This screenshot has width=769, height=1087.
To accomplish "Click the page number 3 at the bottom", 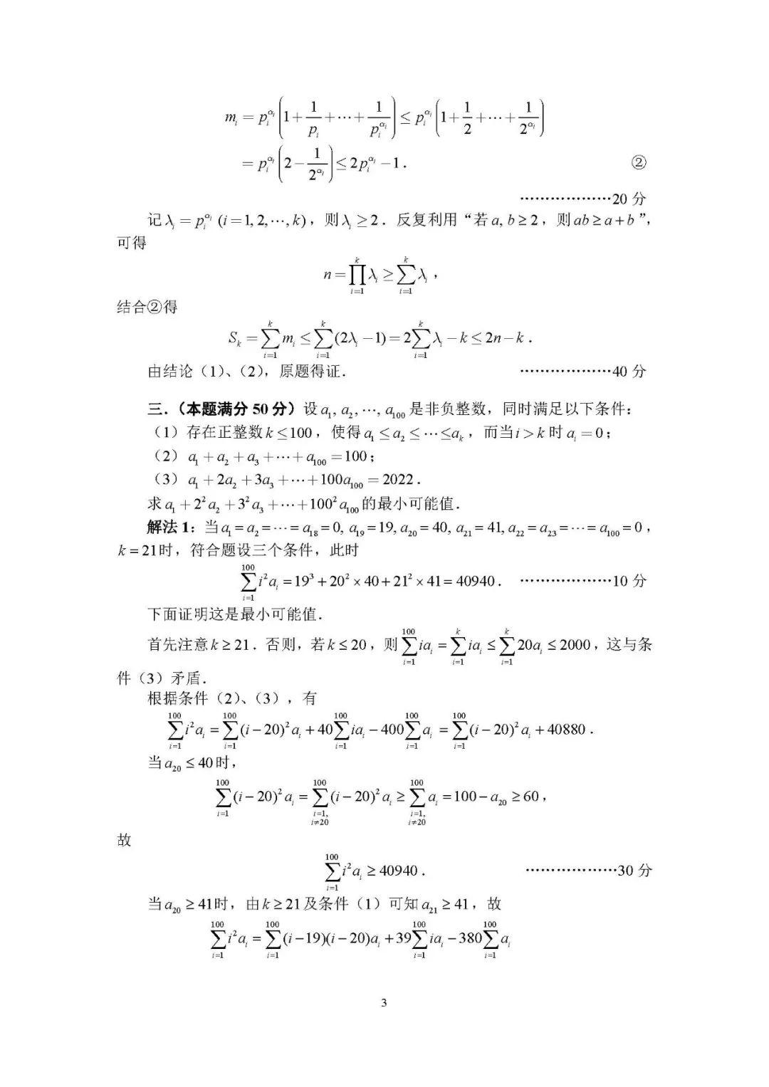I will click(x=384, y=1004).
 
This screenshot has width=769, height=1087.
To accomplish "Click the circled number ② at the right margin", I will click(x=639, y=163).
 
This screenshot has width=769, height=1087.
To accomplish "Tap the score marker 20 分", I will click(x=629, y=199).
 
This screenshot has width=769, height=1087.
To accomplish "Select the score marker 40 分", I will click(x=629, y=371).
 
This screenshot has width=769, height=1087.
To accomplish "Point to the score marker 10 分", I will click(x=629, y=581).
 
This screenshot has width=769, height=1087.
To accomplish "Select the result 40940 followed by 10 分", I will click(x=474, y=581).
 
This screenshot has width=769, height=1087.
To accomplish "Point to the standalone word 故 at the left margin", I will click(x=125, y=840).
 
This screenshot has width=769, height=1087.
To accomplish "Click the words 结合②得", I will click(x=147, y=307).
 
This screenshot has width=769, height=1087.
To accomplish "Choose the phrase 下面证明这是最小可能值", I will click(x=235, y=614).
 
